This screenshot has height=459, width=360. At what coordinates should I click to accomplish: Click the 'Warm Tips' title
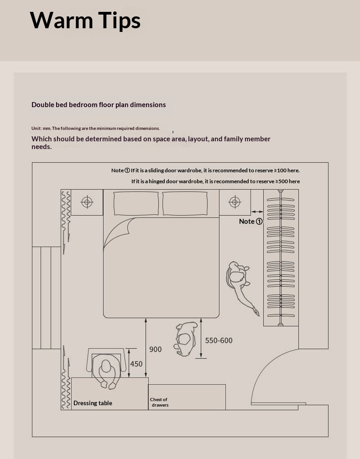[85, 21]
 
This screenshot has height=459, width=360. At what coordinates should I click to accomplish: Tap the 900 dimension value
[155, 349]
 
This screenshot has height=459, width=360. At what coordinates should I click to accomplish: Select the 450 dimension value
[136, 364]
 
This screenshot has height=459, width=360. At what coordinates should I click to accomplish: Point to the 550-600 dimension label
[219, 340]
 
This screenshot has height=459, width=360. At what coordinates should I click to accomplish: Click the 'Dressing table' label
[93, 403]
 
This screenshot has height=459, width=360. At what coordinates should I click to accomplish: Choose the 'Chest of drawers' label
[159, 402]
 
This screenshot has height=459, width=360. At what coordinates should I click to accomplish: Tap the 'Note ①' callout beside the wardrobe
[250, 222]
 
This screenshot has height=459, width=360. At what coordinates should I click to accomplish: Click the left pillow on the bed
[136, 203]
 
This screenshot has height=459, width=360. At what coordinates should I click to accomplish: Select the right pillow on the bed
[185, 203]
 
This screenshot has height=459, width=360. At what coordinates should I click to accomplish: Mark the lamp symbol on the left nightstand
[87, 201]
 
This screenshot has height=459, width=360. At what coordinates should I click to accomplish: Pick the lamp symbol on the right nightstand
[235, 201]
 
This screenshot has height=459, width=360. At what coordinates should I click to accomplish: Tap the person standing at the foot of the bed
[185, 339]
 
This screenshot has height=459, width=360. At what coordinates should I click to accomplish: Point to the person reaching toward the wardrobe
[240, 283]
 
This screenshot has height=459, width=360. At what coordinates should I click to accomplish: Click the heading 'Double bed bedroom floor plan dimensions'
[99, 105]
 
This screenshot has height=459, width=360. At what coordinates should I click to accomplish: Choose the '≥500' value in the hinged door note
[280, 181]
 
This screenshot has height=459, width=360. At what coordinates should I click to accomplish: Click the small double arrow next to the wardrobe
[257, 211]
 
